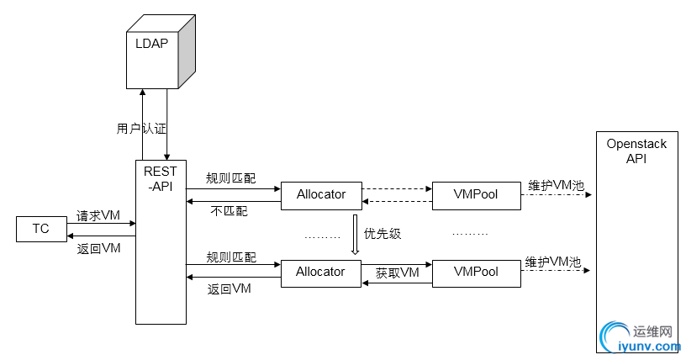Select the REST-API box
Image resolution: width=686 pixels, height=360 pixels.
[160, 240]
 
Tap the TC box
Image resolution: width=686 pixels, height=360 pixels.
[40, 229]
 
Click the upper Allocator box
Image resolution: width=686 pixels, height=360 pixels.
[320, 194]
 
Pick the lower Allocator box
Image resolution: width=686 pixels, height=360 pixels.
[320, 272]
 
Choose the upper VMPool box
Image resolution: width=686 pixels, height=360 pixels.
[475, 194]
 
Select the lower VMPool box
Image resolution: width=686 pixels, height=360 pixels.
[475, 272]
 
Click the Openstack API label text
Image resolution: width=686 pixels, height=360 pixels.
[636, 151]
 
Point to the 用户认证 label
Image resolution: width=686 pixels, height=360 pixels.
[141, 130]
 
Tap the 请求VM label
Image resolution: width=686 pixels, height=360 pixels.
[99, 215]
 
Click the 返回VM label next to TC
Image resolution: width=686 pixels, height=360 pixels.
[99, 248]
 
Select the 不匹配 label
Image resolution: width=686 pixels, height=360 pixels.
[229, 211]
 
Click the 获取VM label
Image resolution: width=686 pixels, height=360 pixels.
[397, 272]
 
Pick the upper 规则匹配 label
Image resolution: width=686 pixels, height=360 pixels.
[231, 178]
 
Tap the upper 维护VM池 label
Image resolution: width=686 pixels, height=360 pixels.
[555, 185]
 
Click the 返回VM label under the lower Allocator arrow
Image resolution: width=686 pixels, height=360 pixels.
[230, 289]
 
